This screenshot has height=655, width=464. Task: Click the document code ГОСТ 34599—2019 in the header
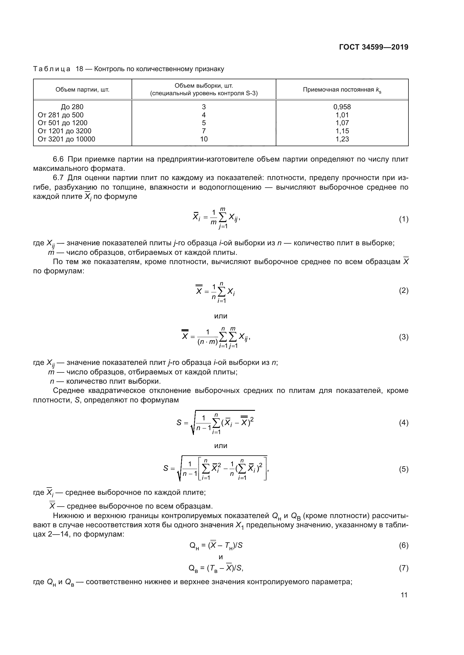pyautogui.click(x=374, y=47)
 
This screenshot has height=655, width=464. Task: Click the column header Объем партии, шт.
pyautogui.click(x=82, y=90)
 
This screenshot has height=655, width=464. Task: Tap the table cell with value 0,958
pyautogui.click(x=342, y=107)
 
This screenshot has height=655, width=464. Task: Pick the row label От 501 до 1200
pyautogui.click(x=63, y=123)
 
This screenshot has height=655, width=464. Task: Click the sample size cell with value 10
pyautogui.click(x=204, y=139)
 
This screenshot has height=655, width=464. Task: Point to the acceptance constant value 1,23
pyautogui.click(x=342, y=139)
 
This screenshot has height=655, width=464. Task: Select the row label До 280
pyautogui.click(x=72, y=107)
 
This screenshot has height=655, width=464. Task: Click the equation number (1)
pyautogui.click(x=403, y=219)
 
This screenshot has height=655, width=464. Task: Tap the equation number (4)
pyautogui.click(x=403, y=423)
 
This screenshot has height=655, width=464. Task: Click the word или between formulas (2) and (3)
pyautogui.click(x=220, y=316)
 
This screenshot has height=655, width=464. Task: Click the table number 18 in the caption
pyautogui.click(x=79, y=69)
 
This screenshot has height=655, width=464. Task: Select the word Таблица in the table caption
pyautogui.click(x=52, y=69)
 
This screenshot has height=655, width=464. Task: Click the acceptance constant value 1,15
pyautogui.click(x=342, y=131)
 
